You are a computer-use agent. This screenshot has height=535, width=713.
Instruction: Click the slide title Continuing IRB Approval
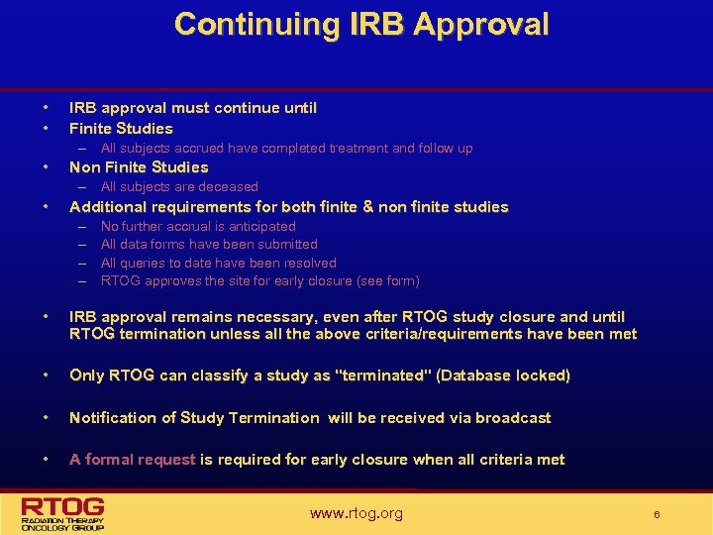pos(360,25)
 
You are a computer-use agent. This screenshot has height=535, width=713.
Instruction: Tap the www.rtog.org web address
pos(356,512)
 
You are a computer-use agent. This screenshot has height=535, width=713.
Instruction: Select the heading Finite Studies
pos(121,128)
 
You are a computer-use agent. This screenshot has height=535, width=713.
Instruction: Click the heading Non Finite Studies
pos(139,166)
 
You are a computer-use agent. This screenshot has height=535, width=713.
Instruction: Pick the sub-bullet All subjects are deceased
pos(179,186)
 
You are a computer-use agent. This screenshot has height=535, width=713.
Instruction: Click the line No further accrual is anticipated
pos(198,226)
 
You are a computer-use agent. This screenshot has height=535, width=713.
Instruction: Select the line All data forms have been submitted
pos(209,244)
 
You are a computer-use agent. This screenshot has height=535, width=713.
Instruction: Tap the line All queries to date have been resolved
pos(218,263)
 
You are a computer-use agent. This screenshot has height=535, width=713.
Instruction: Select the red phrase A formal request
pos(133,459)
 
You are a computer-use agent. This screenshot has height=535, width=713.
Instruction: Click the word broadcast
pos(513,417)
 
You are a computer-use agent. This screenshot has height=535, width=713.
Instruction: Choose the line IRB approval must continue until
pos(193,107)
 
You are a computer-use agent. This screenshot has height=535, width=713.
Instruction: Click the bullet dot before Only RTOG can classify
pos(46,375)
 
